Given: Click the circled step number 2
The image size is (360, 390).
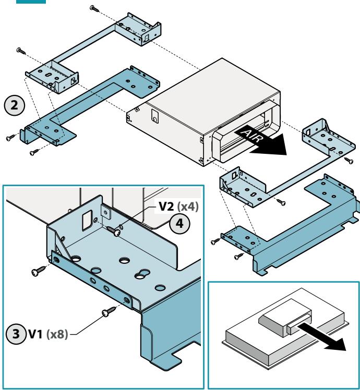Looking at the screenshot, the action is pos(15,105).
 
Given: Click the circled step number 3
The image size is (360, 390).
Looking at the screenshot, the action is pos(16,334).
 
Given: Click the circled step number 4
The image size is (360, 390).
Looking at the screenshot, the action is pos(180,223).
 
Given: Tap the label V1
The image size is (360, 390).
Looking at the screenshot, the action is pos(36,334).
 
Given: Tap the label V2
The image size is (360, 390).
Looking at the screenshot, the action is pos(167,206).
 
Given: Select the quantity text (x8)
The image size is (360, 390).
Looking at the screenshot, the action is pos(57,334).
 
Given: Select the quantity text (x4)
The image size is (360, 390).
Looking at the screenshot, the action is pos(188,206).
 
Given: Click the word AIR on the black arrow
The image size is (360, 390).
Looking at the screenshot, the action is pos(251,136).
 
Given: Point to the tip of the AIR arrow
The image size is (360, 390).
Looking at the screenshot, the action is pos(286,155).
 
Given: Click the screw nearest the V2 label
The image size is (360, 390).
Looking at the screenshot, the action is pos(114,230).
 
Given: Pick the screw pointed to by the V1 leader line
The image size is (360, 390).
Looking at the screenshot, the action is pos(109,312).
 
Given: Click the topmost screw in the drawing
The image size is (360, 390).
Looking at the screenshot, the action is pos(94,8).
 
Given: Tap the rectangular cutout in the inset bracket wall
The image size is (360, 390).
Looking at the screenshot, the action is pos(87,220).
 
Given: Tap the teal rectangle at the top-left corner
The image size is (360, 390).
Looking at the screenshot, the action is pos(31,2).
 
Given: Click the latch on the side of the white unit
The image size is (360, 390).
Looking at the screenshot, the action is pos(154,116).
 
